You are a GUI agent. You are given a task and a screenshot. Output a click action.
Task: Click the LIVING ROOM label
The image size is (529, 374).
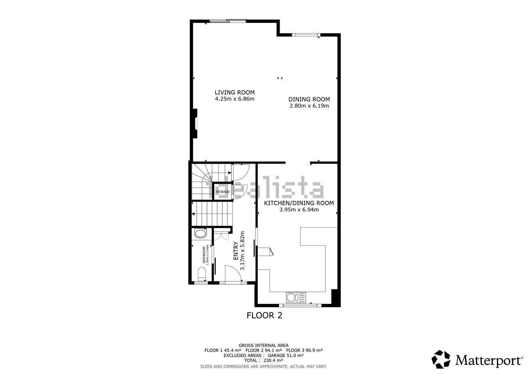point(235,92)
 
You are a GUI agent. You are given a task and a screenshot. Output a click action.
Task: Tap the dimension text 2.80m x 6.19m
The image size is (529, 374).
point(309,106)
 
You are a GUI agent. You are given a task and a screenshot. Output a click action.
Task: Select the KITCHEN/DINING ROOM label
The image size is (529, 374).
point(299,203)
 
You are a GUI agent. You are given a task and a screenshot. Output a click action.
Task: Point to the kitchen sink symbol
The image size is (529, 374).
point(296,298)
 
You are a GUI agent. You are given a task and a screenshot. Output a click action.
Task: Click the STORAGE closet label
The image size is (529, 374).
point(223,192)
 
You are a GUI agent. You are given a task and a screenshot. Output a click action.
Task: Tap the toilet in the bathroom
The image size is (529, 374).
point(202,274)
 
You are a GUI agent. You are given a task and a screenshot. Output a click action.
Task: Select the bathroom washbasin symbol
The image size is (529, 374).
point(200,234)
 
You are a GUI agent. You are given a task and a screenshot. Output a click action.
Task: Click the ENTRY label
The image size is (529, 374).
point(236,251)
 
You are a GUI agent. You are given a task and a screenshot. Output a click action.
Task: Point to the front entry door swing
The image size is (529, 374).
point(233,274)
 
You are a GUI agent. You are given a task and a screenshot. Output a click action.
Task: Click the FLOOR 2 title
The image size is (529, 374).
point(264,315)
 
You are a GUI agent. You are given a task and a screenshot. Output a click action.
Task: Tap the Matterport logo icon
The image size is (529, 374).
point(441,359)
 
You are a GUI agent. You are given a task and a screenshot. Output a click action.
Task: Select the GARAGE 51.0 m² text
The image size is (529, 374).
point(285,355)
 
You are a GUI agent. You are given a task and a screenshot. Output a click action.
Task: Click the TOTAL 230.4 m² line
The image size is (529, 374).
point(263,360)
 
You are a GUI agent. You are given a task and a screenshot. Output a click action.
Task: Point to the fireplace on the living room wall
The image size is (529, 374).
point(195,123)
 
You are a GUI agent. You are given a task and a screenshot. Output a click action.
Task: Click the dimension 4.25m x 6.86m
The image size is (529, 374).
point(235,99)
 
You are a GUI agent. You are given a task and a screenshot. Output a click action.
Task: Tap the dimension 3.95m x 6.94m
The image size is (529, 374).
point(299,210)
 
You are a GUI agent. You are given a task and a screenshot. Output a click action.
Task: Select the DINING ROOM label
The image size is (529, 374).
point(309,99)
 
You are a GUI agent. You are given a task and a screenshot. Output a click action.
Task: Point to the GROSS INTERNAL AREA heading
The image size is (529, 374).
point(263,345)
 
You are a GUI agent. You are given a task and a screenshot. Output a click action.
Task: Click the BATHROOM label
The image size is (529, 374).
point(204,255)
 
